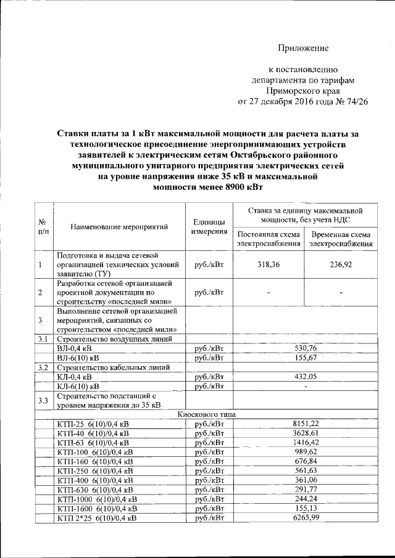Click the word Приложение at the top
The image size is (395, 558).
click(x=303, y=48)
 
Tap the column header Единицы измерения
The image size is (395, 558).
click(x=208, y=226)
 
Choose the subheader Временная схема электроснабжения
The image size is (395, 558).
click(x=341, y=239)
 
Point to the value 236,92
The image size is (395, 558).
click(x=341, y=265)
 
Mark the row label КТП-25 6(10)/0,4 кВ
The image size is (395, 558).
click(x=93, y=424)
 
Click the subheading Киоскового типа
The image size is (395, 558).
click(x=206, y=414)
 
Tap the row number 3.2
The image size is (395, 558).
click(x=43, y=367)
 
